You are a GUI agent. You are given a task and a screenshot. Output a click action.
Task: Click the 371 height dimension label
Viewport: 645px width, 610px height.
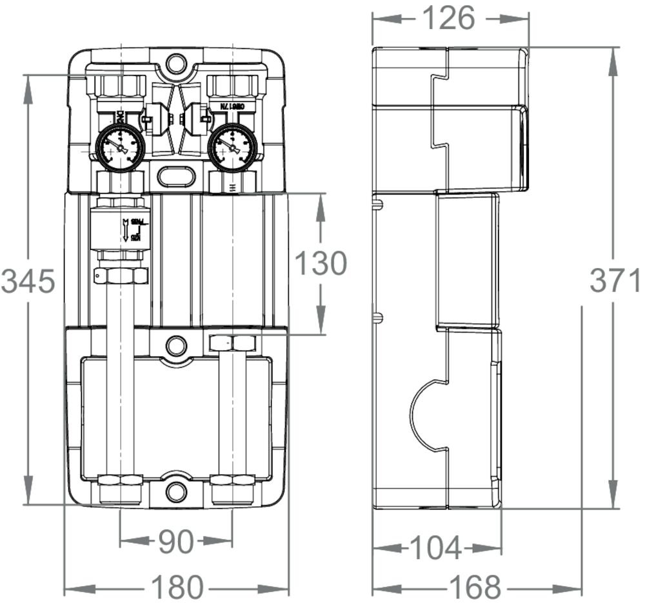pyautogui.click(x=614, y=282)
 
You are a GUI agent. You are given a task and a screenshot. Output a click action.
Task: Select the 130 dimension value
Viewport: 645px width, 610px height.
pyautogui.click(x=321, y=263)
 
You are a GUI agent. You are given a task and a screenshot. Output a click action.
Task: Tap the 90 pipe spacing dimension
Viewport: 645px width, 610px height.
pyautogui.click(x=175, y=542)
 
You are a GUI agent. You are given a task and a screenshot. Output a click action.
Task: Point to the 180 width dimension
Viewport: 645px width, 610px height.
pyautogui.click(x=177, y=587)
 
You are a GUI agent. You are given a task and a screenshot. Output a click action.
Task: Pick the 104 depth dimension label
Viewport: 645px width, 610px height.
pyautogui.click(x=436, y=549)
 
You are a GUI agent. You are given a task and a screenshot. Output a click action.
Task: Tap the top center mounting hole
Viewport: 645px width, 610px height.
pyautogui.click(x=175, y=63)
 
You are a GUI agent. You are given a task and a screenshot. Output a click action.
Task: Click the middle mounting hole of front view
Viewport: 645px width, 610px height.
pyautogui.click(x=175, y=345)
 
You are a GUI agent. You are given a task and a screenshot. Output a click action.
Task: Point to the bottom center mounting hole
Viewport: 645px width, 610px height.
pyautogui.click(x=175, y=492)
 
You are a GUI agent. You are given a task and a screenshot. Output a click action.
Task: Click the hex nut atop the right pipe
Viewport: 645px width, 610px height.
pyautogui.click(x=233, y=343)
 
